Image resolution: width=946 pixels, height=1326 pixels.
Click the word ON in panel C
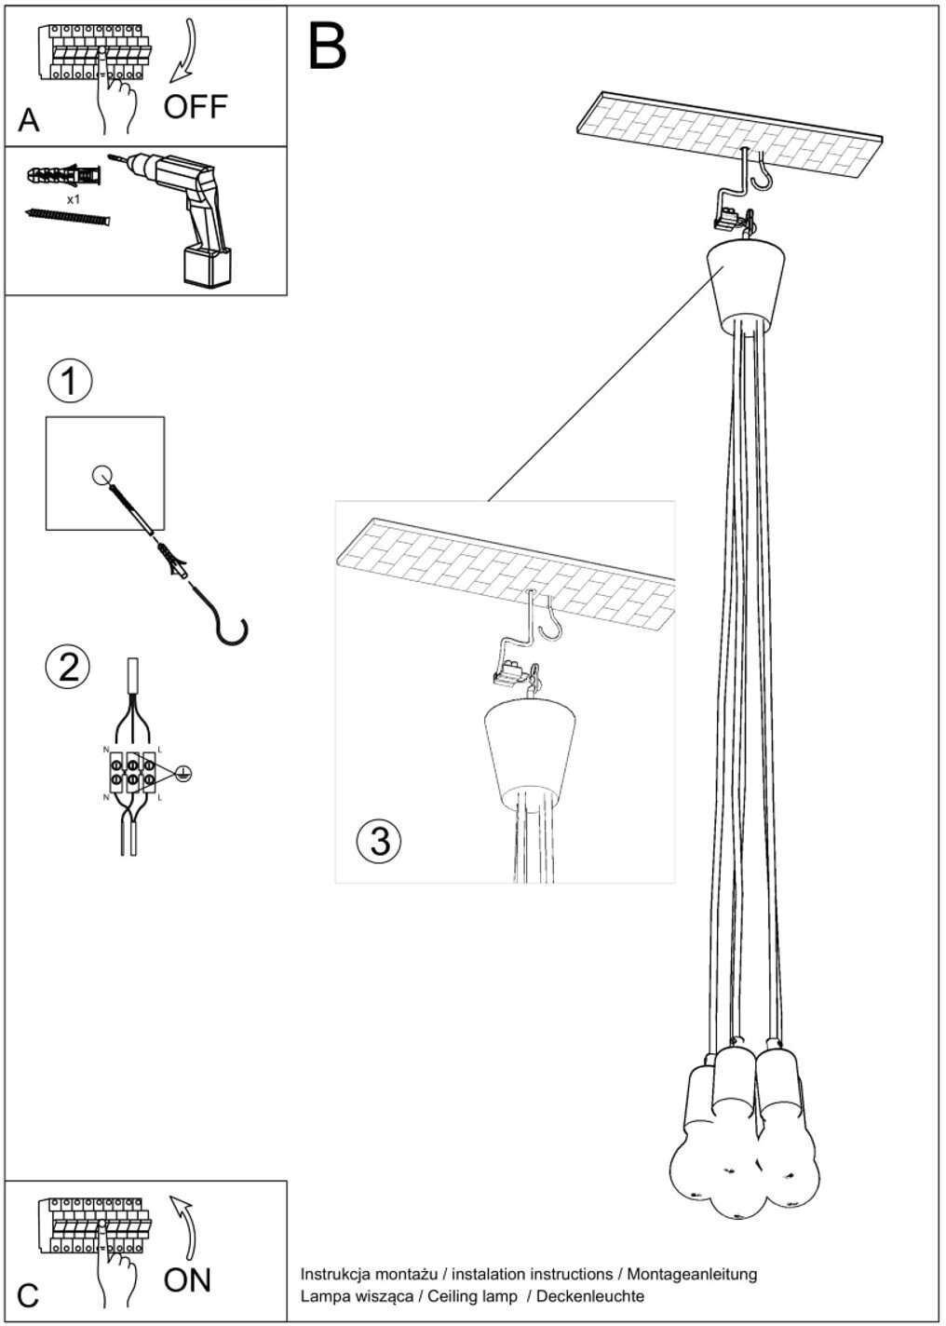tap(187, 1279)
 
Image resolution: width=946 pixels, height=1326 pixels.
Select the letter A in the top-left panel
tap(29, 121)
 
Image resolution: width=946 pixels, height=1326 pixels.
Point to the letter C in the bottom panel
tap(28, 1295)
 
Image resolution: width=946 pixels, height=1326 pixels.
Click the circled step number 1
tap(69, 381)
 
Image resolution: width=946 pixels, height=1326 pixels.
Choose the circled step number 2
tap(68, 668)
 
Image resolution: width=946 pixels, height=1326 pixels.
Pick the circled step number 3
tap(379, 840)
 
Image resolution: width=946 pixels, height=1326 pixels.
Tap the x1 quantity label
tap(74, 199)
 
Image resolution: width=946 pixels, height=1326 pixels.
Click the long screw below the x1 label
tap(67, 217)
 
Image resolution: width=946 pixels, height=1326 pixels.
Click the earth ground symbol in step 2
tap(183, 773)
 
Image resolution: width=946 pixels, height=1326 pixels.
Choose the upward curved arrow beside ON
tap(186, 1225)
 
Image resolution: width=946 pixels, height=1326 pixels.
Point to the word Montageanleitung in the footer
tap(692, 1273)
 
